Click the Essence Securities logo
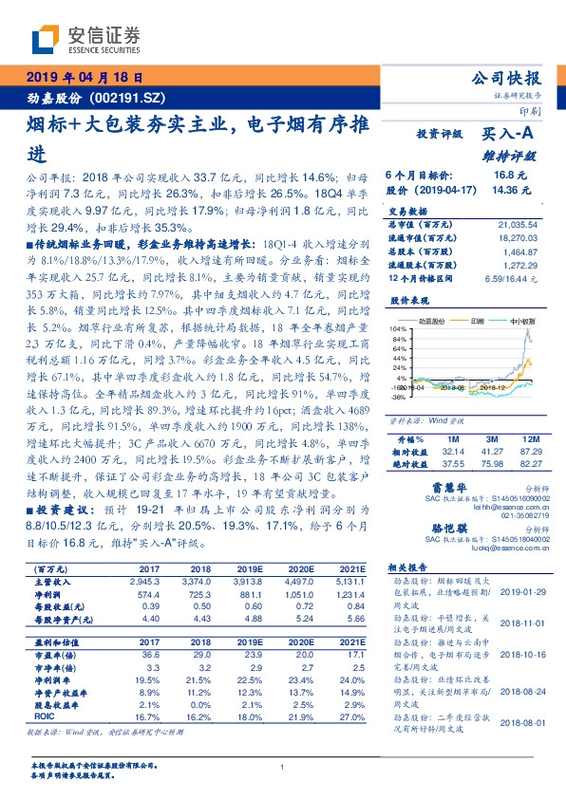[85, 41]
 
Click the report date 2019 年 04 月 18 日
[85, 77]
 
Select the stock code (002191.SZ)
[126, 98]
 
